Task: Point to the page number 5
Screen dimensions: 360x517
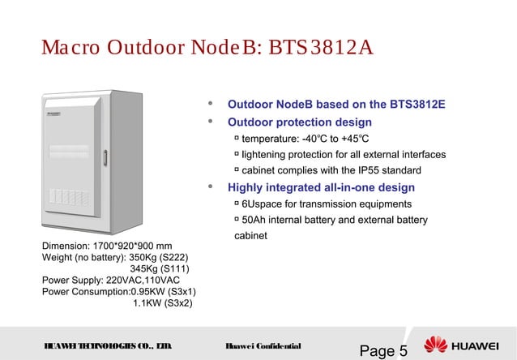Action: click(403, 350)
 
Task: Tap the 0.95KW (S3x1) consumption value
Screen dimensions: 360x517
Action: click(164, 292)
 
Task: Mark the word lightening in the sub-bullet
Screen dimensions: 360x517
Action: click(267, 154)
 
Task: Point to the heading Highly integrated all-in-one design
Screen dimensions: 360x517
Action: click(321, 187)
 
